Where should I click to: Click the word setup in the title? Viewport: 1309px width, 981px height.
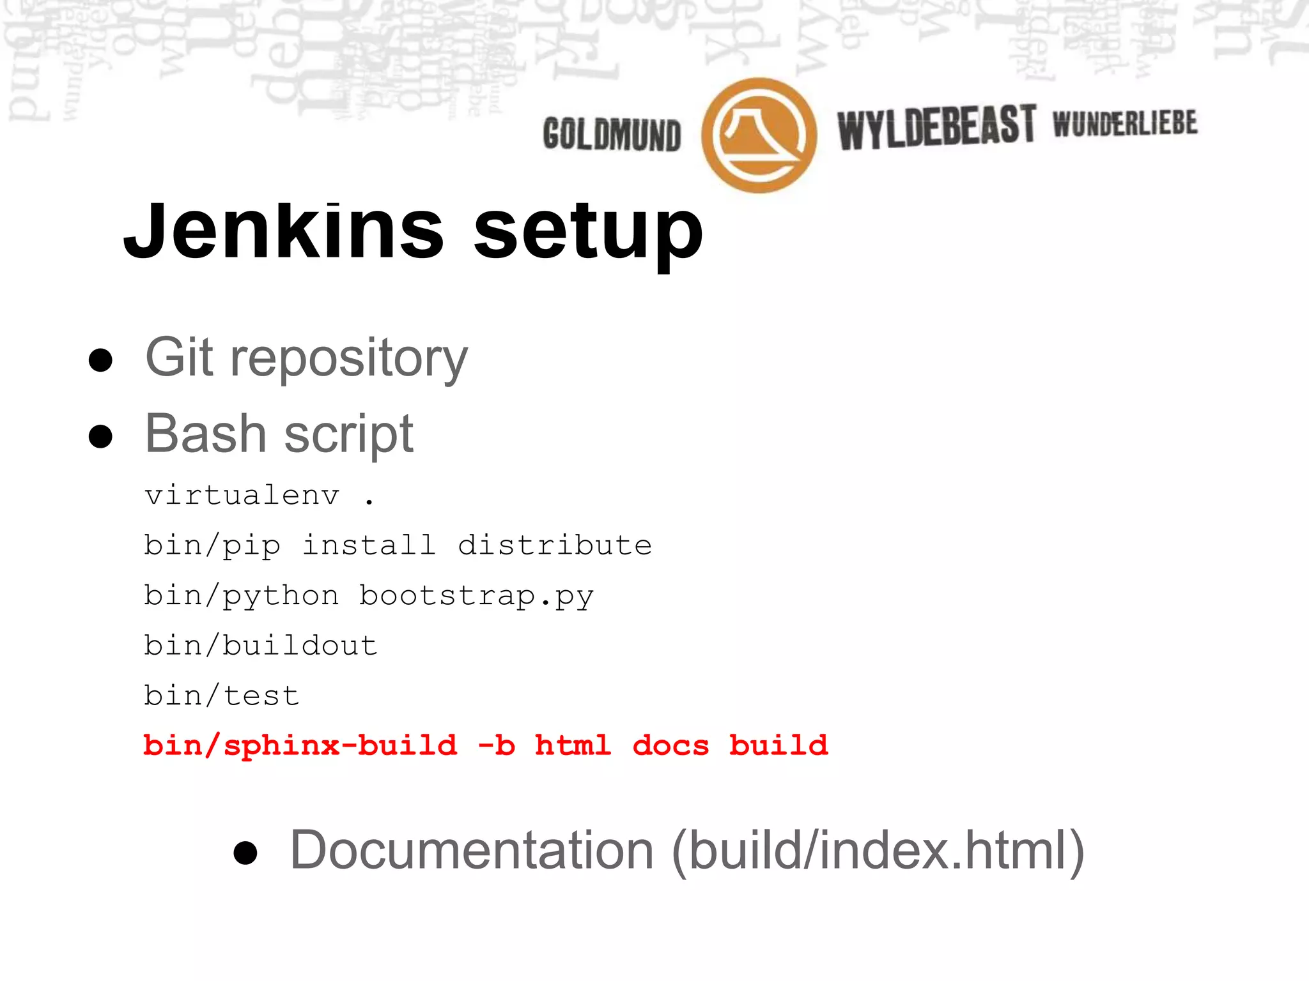(x=588, y=233)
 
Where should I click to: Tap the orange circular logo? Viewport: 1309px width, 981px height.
(x=759, y=135)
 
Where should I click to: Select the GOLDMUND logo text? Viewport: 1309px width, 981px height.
(x=612, y=134)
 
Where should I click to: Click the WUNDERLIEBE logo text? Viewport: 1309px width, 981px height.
(x=1125, y=123)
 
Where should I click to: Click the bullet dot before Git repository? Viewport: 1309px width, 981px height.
(x=101, y=360)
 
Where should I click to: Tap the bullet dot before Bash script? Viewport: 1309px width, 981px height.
(x=101, y=437)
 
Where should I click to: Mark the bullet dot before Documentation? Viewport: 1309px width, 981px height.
(x=245, y=853)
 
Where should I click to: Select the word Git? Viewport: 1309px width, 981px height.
(x=179, y=357)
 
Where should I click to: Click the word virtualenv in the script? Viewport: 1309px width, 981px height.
(x=242, y=496)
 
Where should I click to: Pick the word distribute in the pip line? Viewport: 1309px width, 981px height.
(x=555, y=545)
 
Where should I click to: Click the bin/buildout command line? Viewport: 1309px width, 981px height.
(x=261, y=645)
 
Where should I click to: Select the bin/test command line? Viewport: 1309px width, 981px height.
(x=222, y=696)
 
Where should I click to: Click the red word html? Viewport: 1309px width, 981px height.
(x=573, y=745)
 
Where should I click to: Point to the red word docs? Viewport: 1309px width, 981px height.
(x=670, y=745)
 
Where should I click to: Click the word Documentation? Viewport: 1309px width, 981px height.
(x=472, y=850)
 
